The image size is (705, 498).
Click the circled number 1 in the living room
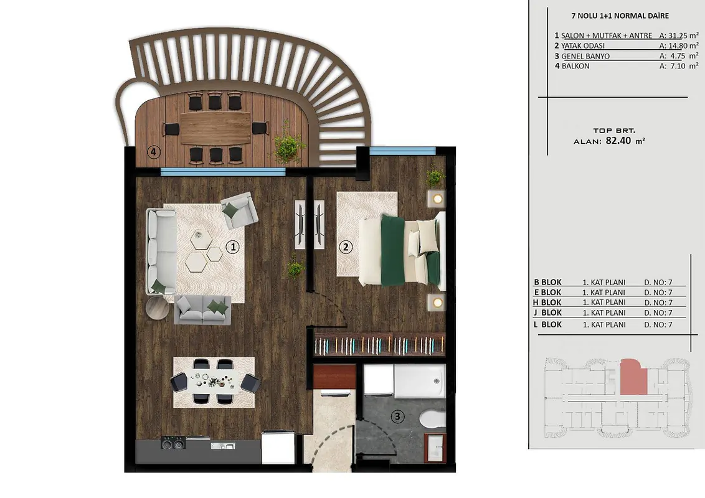232,247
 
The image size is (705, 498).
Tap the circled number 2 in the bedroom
345,247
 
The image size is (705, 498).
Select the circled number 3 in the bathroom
397,416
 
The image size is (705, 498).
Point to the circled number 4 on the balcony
153,152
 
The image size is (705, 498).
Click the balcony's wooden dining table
215,128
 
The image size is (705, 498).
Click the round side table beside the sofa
158,308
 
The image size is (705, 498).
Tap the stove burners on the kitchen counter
173,443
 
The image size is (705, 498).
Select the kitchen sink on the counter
222,446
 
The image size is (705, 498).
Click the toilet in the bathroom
432,418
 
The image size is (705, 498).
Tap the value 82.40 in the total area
618,140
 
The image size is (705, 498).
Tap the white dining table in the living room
214,382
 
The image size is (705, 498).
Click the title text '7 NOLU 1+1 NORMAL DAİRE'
620,16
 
